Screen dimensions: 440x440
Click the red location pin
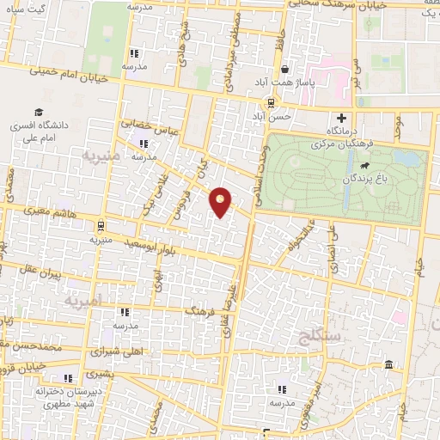[x=222, y=201]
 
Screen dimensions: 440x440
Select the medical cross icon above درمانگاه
[x=342, y=118]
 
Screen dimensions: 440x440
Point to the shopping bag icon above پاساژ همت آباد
[x=284, y=70]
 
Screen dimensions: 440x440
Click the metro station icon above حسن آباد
[x=271, y=101]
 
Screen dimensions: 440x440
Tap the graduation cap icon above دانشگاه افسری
[x=39, y=112]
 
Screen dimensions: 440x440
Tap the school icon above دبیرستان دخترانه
[x=68, y=377]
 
